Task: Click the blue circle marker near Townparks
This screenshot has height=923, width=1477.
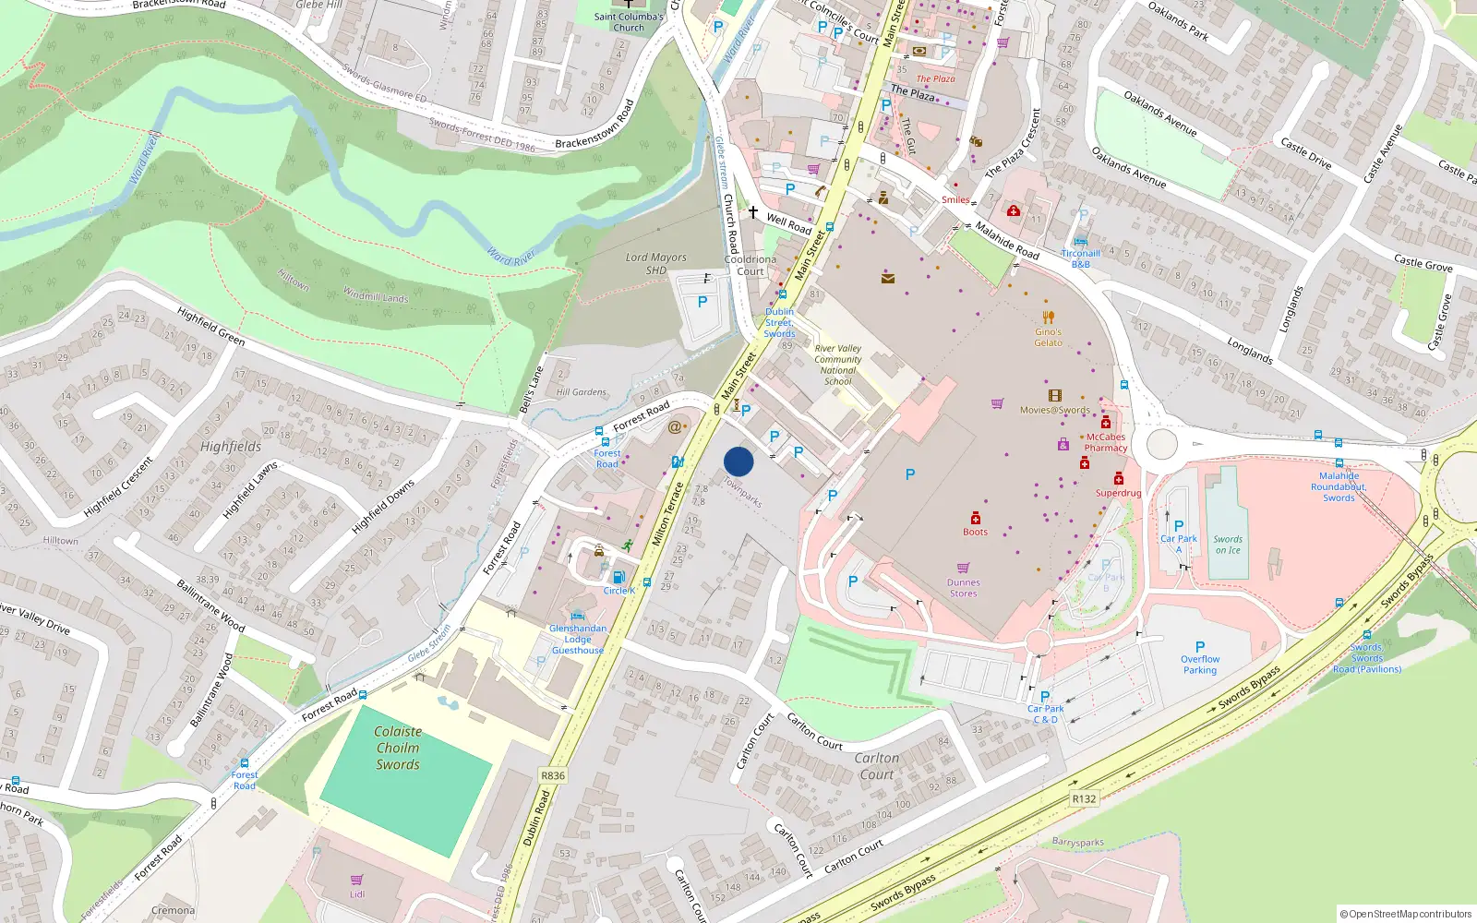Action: tap(738, 461)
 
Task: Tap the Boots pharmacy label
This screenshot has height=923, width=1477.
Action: tap(975, 532)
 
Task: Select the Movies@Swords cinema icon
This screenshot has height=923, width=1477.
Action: tap(1055, 396)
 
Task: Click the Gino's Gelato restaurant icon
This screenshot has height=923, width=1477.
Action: tap(1048, 318)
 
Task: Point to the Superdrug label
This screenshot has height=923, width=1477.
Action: tap(1118, 493)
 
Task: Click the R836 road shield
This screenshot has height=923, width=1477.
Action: tap(553, 775)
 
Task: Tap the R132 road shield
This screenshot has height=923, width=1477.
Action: tap(1084, 798)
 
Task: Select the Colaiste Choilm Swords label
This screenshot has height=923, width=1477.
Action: tap(398, 748)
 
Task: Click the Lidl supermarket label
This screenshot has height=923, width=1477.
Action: tap(357, 893)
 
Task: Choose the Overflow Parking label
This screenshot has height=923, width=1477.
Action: tap(1200, 665)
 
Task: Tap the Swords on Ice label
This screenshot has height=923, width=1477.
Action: tap(1228, 545)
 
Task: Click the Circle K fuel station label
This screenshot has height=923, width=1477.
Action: tap(619, 591)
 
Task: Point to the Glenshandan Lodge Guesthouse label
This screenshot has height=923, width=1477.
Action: tap(578, 639)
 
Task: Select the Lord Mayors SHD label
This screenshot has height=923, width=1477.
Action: tap(655, 263)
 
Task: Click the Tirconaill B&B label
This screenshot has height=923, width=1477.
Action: tap(1080, 258)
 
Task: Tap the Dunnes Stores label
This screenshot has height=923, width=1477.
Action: tap(963, 588)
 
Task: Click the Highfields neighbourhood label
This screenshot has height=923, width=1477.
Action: tap(231, 447)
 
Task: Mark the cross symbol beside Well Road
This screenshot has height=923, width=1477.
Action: tap(753, 212)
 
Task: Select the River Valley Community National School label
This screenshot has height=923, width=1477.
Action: tap(838, 365)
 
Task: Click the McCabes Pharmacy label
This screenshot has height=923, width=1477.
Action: tap(1106, 442)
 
